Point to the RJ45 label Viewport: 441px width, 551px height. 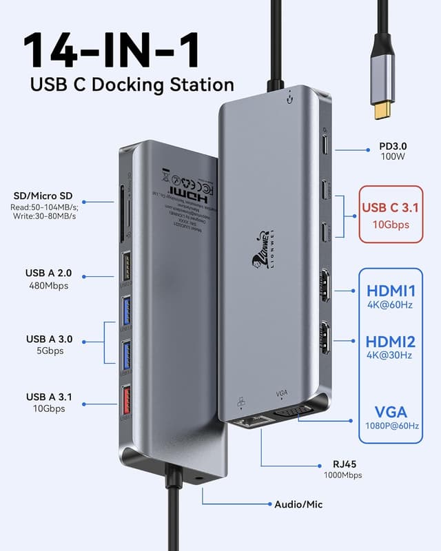(x=342, y=464)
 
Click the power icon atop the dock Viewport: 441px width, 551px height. (x=295, y=96)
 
